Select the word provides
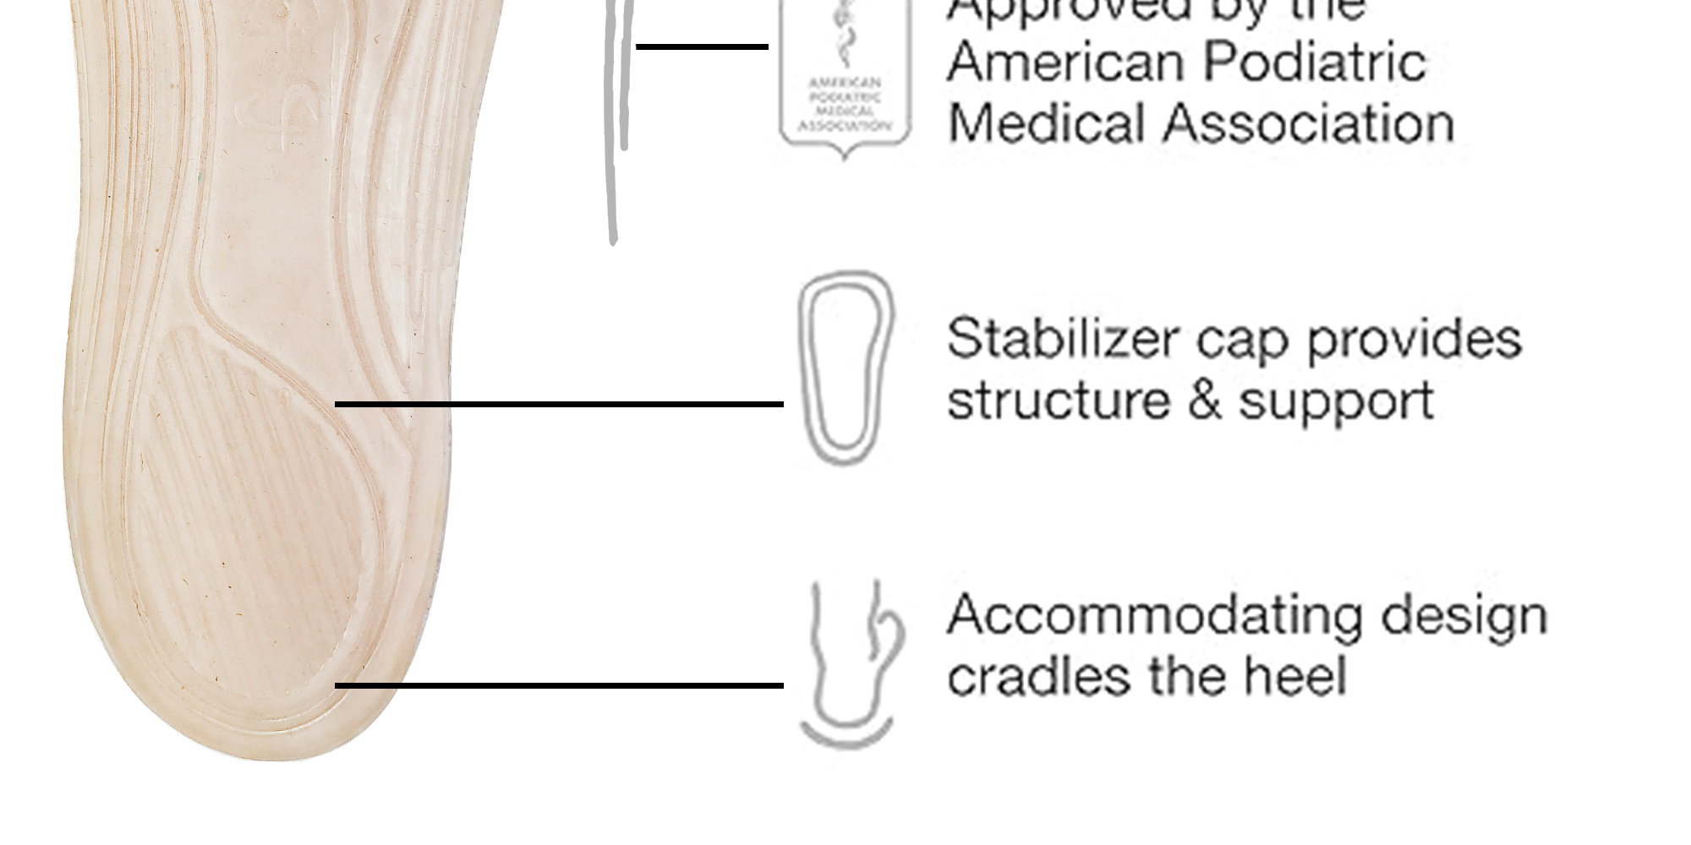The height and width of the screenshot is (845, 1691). point(1415,339)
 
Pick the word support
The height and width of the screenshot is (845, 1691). point(1337,401)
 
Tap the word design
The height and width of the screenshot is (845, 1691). point(1463,616)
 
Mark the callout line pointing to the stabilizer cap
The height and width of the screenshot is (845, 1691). point(558,405)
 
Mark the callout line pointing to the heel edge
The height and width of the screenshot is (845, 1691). point(558,685)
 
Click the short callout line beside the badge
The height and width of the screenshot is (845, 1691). point(702,46)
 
